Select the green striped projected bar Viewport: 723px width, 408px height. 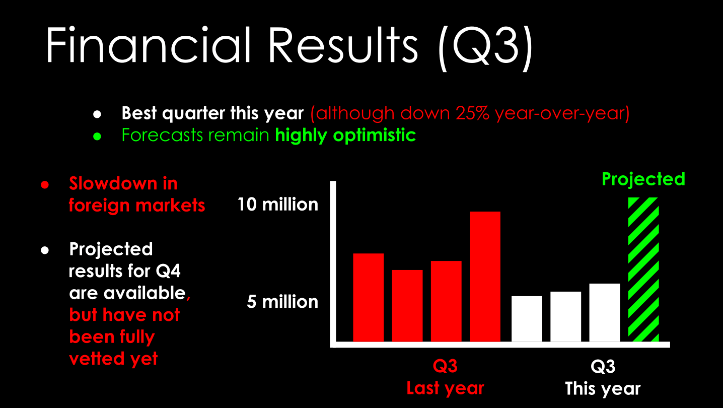643,269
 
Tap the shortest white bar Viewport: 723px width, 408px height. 527,318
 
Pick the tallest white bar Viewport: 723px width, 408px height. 604,312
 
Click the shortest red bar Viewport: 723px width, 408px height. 407,305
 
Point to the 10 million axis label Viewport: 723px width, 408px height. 278,205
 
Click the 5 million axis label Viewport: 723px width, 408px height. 282,302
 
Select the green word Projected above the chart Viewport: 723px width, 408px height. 643,179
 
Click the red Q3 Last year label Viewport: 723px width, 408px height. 445,377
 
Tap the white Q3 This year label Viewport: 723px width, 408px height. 603,377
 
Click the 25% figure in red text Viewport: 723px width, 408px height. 473,113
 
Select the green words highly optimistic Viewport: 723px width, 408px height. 345,135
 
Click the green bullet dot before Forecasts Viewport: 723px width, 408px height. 98,136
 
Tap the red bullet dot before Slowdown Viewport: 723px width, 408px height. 45,184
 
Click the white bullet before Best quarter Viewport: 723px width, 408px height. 98,114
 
